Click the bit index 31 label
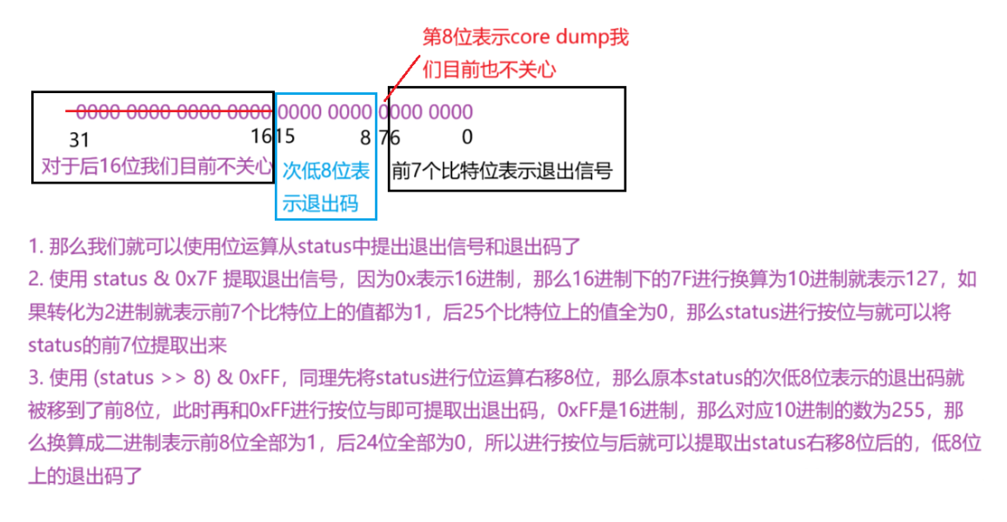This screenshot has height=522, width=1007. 79,138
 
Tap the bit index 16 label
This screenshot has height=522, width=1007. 260,137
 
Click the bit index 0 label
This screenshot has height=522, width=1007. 467,137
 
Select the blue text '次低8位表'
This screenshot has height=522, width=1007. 326,171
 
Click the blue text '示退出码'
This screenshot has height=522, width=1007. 320,204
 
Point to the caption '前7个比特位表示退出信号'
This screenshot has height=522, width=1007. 502,171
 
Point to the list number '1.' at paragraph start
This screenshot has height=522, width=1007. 36,246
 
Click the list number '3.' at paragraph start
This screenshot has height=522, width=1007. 36,378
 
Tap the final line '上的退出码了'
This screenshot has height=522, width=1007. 84,476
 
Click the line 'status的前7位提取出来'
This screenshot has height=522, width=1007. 127,345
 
